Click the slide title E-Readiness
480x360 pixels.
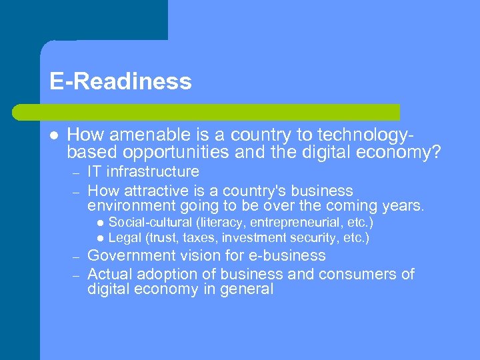(120, 81)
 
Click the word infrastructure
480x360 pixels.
(153, 172)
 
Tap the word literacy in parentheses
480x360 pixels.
(218, 222)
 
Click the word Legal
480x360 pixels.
(123, 237)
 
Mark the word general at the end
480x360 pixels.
(248, 289)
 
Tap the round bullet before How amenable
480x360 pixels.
(52, 134)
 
